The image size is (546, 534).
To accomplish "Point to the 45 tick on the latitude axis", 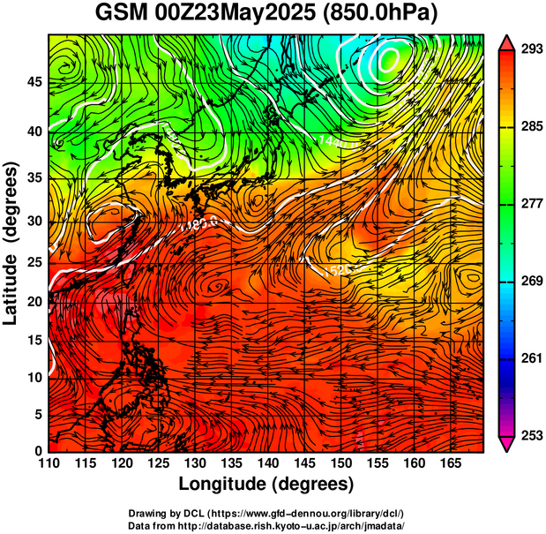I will pyautogui.click(x=34, y=83).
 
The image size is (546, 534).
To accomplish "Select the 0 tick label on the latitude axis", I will pyautogui.click(x=39, y=451).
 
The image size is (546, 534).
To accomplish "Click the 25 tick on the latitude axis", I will pyautogui.click(x=34, y=262).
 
